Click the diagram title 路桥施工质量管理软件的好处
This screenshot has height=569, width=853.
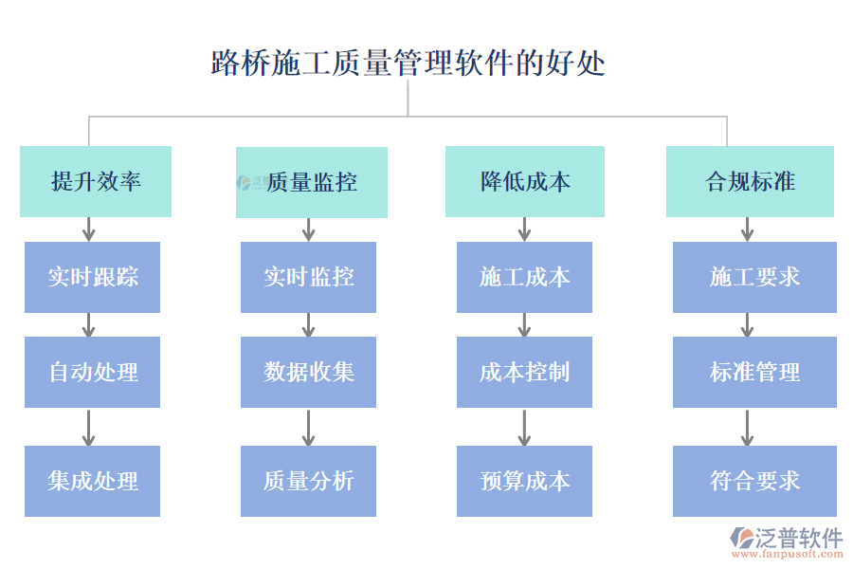408,64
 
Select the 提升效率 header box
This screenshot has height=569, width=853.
96,182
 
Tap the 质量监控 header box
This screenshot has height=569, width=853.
312,182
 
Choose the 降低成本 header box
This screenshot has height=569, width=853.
525,182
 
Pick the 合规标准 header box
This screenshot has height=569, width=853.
750,182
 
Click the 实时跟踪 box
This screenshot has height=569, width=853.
93,277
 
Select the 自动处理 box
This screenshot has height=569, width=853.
93,372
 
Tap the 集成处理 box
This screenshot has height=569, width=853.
93,481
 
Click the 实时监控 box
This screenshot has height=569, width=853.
308,277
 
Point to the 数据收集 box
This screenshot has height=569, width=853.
308,372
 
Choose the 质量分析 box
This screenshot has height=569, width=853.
308,481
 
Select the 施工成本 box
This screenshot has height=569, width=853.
524,277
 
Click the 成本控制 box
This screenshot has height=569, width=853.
524,372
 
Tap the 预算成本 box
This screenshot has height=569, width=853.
524,481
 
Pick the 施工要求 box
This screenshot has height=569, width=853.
754,277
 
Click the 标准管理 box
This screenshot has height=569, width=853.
754,372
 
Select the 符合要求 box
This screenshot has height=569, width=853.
754,481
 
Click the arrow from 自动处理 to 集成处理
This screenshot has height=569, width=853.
88,427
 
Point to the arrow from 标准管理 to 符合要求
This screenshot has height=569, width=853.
747,427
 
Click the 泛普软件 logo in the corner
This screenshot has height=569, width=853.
786,541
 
